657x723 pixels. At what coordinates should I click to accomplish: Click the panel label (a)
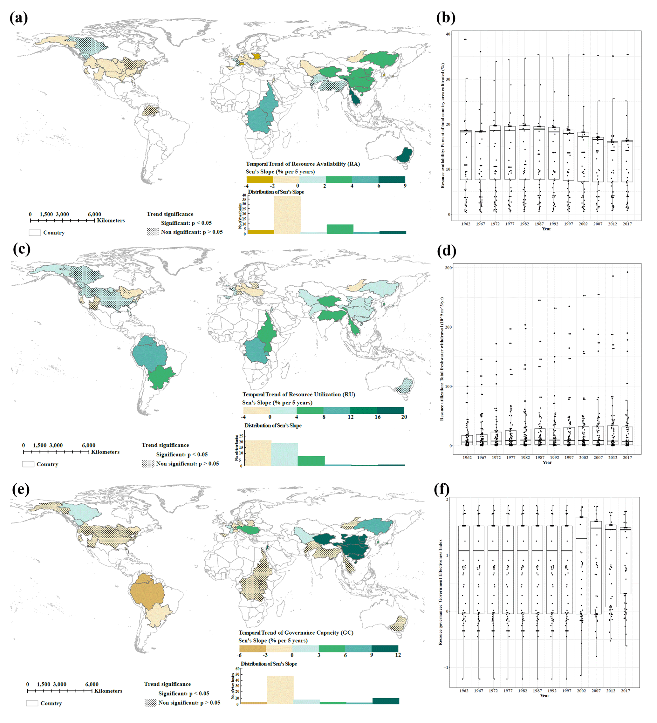click(19, 18)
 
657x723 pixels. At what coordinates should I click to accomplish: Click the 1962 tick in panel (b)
click(466, 224)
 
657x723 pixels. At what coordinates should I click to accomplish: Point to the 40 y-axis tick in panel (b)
click(448, 34)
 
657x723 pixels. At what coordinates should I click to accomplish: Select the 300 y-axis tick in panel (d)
click(448, 268)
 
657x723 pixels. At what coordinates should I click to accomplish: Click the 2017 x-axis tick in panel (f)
click(626, 690)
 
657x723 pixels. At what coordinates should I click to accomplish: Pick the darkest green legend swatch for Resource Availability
click(392, 180)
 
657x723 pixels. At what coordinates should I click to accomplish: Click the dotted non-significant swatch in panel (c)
click(148, 463)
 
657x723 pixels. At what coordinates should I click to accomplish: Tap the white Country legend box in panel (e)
click(32, 703)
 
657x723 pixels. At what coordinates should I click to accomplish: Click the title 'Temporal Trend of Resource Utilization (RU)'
click(298, 394)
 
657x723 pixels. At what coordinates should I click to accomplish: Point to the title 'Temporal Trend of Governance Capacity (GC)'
click(296, 633)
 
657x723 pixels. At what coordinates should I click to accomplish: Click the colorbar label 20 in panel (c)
click(404, 417)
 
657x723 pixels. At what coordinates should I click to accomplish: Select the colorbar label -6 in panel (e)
click(239, 655)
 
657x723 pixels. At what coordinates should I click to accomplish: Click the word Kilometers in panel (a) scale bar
click(111, 221)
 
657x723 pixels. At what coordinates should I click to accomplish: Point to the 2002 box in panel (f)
click(581, 565)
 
